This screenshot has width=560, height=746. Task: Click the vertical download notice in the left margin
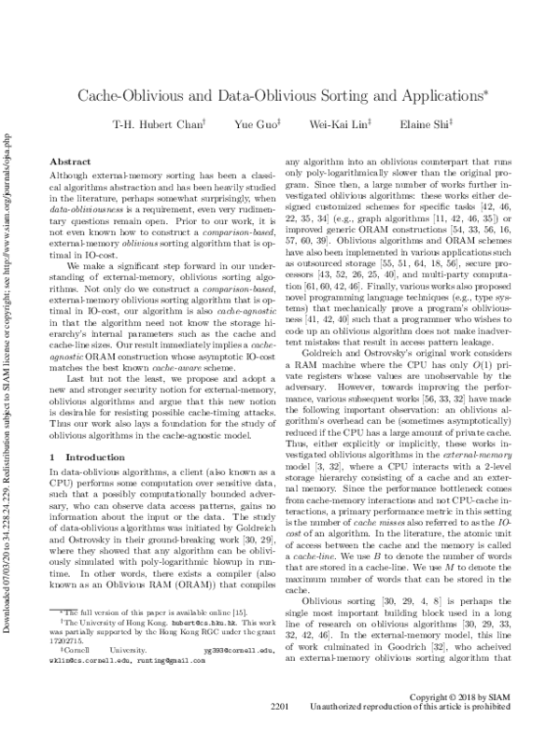(9, 373)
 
